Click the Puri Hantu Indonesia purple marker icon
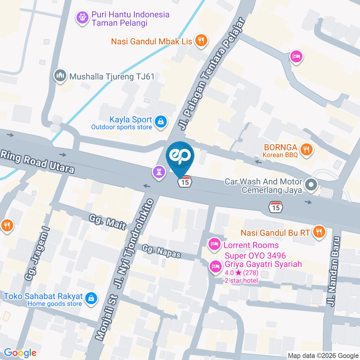click(82, 18)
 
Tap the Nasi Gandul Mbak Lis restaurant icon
click(202, 41)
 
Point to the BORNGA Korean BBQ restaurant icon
click(307, 150)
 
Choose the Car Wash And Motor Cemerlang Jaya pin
click(311, 184)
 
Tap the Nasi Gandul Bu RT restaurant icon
click(319, 232)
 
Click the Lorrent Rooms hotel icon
click(214, 244)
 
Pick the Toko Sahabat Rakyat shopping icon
click(90, 298)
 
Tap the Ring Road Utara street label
click(37, 162)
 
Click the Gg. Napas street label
click(162, 251)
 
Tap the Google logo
click(20, 352)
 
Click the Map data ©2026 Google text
click(323, 355)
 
